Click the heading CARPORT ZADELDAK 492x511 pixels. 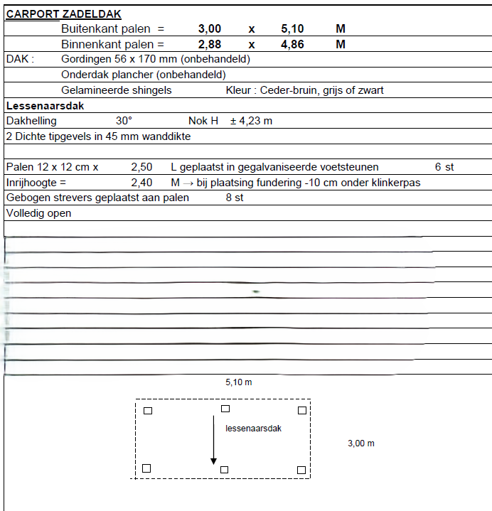pos(63,14)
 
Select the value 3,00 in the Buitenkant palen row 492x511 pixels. pos(210,29)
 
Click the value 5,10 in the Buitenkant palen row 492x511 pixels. pos(293,29)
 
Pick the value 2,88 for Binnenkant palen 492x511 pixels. pos(210,44)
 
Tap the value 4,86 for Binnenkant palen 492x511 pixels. pos(293,44)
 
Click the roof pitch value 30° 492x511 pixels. pos(124,121)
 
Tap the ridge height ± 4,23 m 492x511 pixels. pos(251,121)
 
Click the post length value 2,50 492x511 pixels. pos(141,167)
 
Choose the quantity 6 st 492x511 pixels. pos(444,167)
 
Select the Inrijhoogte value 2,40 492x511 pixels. pos(141,183)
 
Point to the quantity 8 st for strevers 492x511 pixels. pos(235,198)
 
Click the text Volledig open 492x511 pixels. pos(39,213)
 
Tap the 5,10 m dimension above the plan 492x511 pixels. pos(239,382)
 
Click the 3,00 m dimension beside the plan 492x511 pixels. pos(361,443)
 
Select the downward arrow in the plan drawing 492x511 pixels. pos(213,440)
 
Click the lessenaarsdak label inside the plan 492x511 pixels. pos(254,429)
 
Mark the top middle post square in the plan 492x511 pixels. pos(225,409)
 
